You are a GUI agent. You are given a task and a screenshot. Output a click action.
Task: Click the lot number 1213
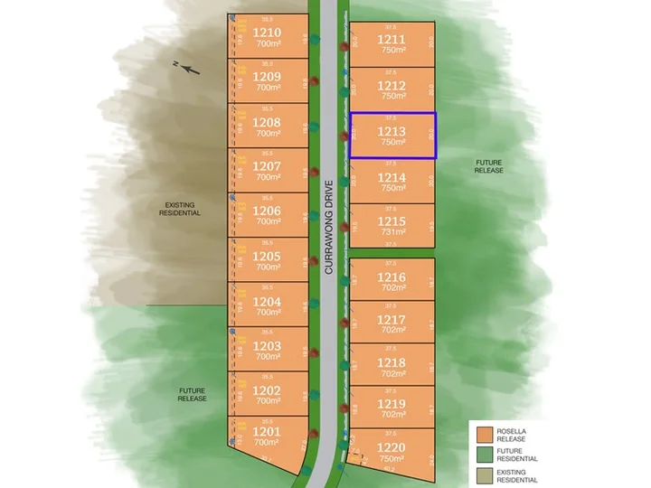click(x=392, y=131)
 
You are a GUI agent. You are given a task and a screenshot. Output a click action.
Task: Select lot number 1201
click(x=267, y=432)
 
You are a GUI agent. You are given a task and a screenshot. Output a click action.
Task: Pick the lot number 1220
click(x=392, y=446)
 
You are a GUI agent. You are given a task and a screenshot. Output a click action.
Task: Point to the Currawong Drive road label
click(x=330, y=227)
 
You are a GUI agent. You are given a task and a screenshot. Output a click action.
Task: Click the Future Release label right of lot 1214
click(x=489, y=165)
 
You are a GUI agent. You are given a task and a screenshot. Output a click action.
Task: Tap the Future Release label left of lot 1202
click(x=192, y=394)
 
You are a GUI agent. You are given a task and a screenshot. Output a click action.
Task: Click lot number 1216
click(x=392, y=277)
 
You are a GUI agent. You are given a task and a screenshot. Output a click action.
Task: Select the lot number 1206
click(x=267, y=211)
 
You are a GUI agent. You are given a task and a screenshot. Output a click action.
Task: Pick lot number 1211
click(x=392, y=40)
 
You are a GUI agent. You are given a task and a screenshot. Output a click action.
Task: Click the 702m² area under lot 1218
click(x=392, y=373)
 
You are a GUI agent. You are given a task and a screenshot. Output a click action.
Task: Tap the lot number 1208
click(x=267, y=121)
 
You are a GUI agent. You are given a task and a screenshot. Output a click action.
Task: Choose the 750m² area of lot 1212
click(x=392, y=95)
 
